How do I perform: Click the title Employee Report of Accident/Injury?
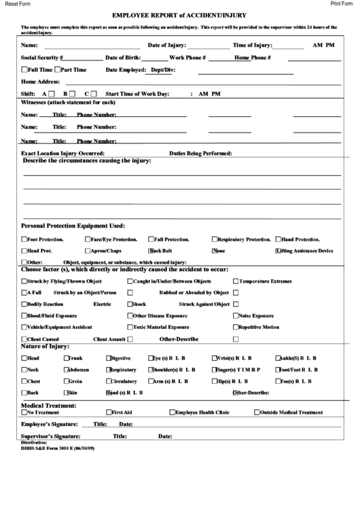179,14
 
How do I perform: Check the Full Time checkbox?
25,69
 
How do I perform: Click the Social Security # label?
42,58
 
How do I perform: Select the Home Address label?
41,82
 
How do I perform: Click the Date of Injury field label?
167,46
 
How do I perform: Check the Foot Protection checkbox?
24,239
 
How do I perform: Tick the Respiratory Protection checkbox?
215,239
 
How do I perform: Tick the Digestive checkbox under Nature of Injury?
108,357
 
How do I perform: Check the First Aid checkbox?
109,412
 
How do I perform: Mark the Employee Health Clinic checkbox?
173,412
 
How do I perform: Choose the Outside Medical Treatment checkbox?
257,412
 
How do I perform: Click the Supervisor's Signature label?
51,436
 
